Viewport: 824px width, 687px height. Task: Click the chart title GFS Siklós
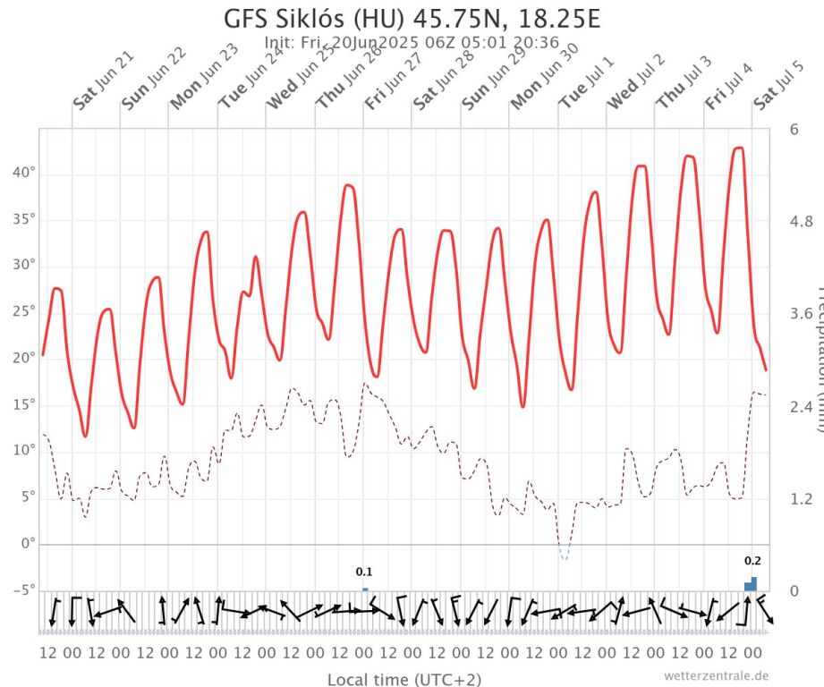click(412, 20)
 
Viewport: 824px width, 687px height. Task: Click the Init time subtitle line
click(412, 42)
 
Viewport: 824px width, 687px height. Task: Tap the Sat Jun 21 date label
click(103, 81)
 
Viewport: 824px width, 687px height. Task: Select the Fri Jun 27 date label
click(393, 81)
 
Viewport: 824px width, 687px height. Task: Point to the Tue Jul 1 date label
click(586, 81)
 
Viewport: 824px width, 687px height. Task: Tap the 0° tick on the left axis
click(27, 543)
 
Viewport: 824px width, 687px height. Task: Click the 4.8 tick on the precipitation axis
click(802, 221)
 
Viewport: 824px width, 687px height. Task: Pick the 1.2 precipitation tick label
click(802, 498)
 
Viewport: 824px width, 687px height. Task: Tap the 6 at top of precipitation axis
click(794, 129)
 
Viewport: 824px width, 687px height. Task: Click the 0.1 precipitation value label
click(364, 572)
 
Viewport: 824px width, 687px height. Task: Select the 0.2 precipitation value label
click(752, 561)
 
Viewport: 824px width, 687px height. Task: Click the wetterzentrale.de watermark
click(716, 675)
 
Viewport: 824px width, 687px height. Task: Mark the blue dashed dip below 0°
click(564, 555)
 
